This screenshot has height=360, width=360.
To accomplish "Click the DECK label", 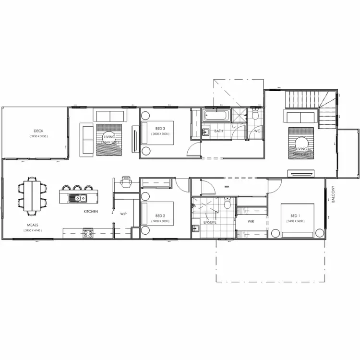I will point(38,131).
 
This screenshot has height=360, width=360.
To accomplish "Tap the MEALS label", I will point(33,225).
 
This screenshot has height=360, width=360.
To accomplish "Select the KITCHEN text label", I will point(91,211).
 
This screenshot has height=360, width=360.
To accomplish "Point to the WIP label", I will point(123,214).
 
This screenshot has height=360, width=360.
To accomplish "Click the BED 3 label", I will point(160,128).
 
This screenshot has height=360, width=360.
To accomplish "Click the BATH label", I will point(218,131).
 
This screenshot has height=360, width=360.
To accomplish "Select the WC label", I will point(257,131).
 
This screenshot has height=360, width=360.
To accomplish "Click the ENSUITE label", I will point(210,222).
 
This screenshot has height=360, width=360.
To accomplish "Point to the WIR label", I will point(251,222).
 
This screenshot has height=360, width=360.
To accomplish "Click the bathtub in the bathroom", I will point(217,115).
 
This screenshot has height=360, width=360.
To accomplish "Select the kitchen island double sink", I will point(77,197).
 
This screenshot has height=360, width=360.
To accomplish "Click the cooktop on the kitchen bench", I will point(88,234).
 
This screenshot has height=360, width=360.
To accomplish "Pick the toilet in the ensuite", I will point(228,204).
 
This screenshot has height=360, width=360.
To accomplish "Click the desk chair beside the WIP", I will point(126,181).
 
